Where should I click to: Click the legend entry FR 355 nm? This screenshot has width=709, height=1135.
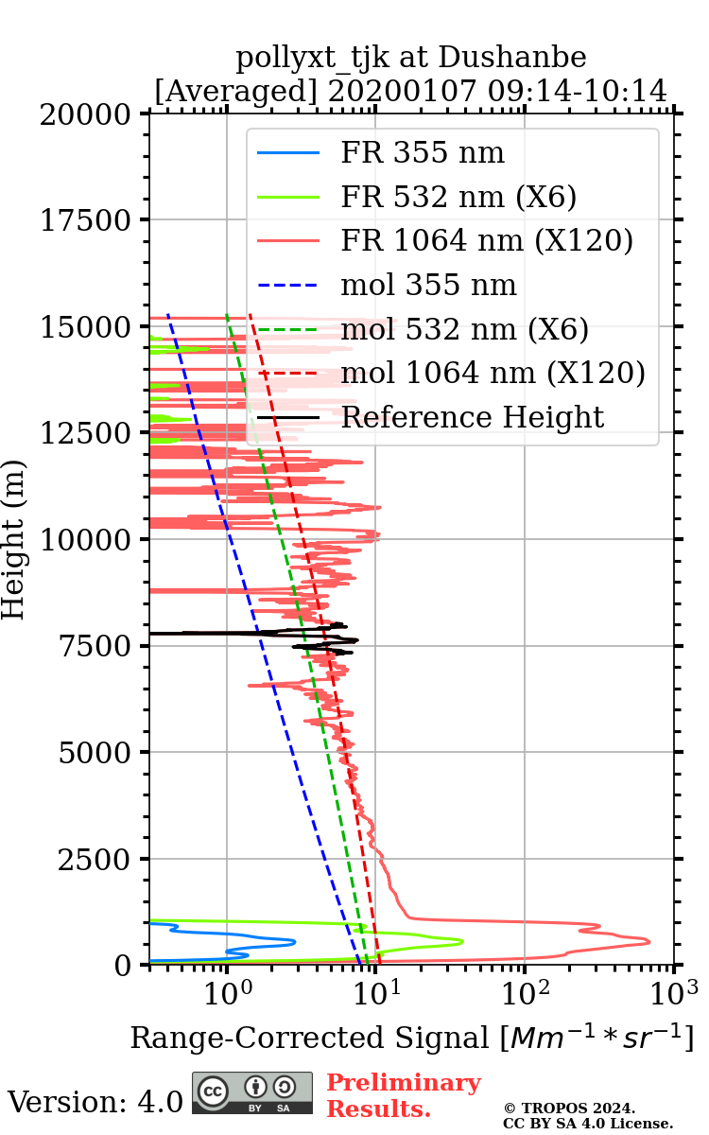pyautogui.click(x=423, y=153)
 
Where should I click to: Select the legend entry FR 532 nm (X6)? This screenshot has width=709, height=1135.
pyautogui.click(x=458, y=197)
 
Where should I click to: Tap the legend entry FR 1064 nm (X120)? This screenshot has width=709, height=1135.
pyautogui.click(x=487, y=241)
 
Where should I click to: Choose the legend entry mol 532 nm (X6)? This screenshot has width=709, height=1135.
pyautogui.click(x=464, y=329)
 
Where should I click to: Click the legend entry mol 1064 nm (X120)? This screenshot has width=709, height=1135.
pyautogui.click(x=493, y=373)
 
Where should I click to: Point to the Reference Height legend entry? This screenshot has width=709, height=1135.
pyautogui.click(x=472, y=417)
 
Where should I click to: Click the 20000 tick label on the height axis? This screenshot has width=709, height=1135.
pyautogui.click(x=86, y=114)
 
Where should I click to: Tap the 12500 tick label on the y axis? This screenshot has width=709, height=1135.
pyautogui.click(x=86, y=433)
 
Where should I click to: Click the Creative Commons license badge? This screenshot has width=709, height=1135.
pyautogui.click(x=252, y=1092)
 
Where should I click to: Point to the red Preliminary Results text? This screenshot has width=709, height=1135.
pyautogui.click(x=404, y=1095)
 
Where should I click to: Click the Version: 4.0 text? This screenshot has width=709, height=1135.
pyautogui.click(x=95, y=1102)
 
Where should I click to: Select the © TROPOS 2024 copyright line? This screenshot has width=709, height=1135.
pyautogui.click(x=569, y=1108)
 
